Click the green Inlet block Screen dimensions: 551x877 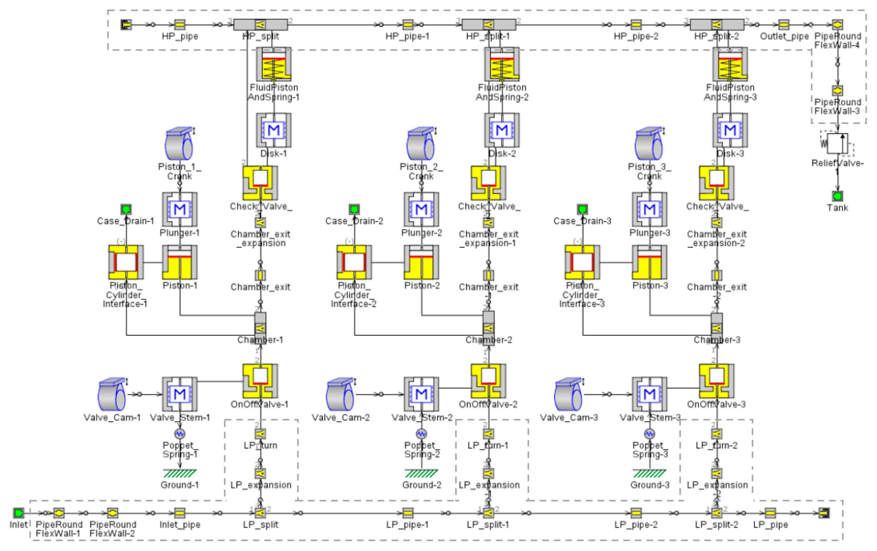pos(18,513)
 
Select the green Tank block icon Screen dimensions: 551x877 pos(837,196)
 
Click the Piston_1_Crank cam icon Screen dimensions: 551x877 pos(179,144)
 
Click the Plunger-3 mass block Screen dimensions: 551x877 pos(649,210)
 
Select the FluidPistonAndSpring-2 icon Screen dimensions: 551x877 pos(502,64)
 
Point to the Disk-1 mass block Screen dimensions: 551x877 pos(273,130)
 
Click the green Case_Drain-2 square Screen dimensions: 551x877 pos(354,209)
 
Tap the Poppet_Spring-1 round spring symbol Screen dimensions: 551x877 pos(180,433)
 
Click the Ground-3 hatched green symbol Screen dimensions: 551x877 pos(649,473)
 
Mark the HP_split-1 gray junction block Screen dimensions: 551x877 pos(489,25)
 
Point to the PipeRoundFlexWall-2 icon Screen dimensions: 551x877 pos(112,513)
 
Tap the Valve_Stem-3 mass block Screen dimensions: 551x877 pos(649,394)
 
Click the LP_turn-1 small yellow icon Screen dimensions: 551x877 pos(489,434)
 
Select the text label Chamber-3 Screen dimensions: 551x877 pos(716,340)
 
